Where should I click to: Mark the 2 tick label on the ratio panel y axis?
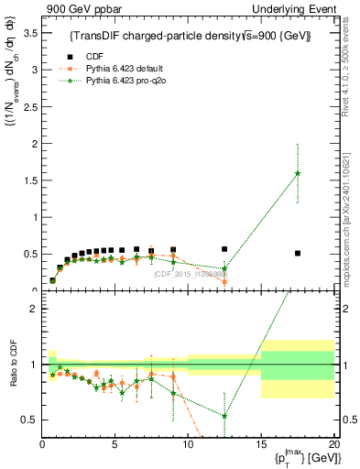(x=32, y=309)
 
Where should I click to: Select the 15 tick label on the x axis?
(x=261, y=446)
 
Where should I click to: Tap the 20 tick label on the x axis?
(x=333, y=446)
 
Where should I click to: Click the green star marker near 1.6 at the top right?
(x=298, y=173)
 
